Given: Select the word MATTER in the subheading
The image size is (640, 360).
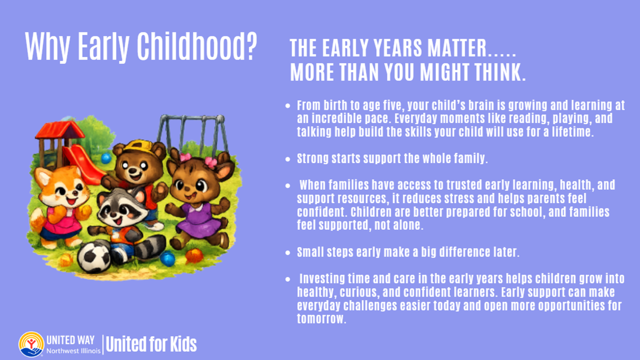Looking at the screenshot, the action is pos(456,47).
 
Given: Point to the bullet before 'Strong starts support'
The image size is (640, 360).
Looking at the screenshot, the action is pos(287,159).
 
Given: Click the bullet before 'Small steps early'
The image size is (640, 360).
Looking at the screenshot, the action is pos(287,252).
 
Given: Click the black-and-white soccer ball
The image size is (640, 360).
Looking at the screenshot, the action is pos(94,257).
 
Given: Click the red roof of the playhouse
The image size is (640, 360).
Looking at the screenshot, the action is pos(59,129).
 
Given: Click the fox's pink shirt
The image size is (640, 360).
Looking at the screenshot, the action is pos(63,219).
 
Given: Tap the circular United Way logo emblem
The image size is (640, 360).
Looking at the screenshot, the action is pos(31,344).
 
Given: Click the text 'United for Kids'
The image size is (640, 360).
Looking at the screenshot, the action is pos(151,344).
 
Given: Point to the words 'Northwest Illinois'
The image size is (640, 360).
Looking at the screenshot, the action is pos(73,351).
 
